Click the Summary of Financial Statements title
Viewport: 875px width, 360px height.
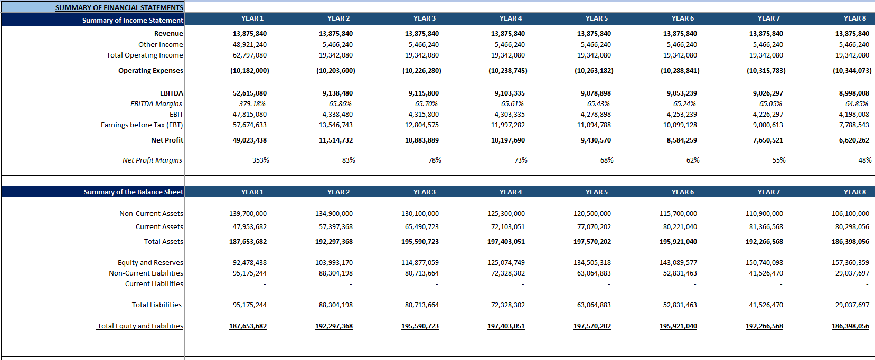[119, 7]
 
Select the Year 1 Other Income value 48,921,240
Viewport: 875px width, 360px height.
[250, 45]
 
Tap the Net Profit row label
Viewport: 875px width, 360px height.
[167, 140]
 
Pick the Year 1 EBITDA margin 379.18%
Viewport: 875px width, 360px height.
[252, 104]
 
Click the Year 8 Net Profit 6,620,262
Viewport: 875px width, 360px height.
[854, 140]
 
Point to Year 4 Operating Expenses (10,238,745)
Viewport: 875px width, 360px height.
[507, 71]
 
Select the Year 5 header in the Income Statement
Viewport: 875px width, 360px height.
[597, 18]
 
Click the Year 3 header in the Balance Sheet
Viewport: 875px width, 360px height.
[425, 192]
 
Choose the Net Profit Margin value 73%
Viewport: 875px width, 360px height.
[521, 160]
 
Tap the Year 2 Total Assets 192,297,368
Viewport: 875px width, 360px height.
[334, 242]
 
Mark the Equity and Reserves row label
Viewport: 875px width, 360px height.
[150, 263]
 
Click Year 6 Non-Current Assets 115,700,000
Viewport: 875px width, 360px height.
[678, 214]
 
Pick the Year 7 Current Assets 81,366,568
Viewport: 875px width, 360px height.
[764, 227]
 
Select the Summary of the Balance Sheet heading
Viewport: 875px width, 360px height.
[134, 192]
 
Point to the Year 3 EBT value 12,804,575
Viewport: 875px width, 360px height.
[422, 125]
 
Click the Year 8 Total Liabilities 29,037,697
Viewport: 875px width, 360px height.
[850, 305]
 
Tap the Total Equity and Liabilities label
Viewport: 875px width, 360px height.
[140, 326]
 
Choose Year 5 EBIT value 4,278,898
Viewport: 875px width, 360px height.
[594, 115]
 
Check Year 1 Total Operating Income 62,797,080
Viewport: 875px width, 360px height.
[250, 55]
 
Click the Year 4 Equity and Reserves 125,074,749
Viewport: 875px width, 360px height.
[506, 263]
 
